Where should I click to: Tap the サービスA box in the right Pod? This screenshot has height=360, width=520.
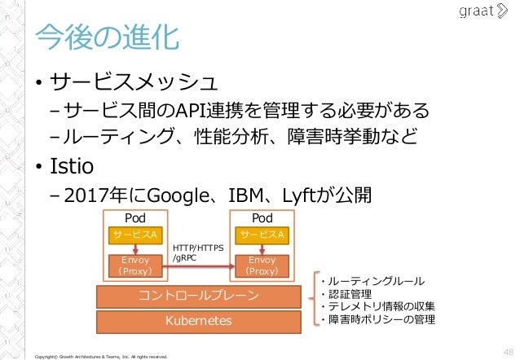(x=262, y=235)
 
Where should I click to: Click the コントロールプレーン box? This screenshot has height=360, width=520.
(x=200, y=295)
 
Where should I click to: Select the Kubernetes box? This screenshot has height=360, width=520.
(x=200, y=320)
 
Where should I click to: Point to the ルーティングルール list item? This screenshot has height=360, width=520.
(x=376, y=281)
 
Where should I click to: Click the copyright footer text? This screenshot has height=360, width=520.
(x=97, y=356)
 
